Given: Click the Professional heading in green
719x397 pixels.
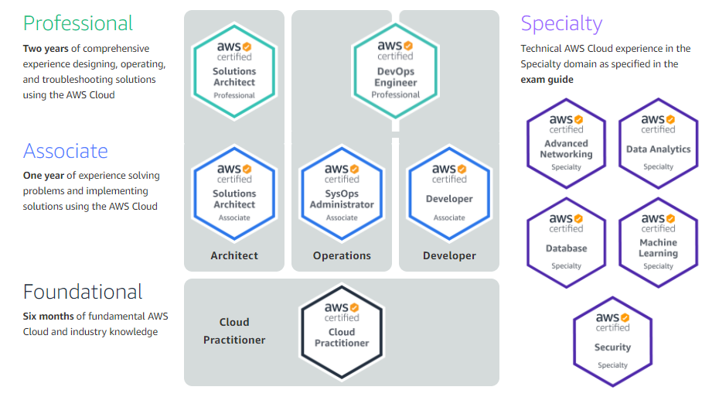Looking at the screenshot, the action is click(78, 23).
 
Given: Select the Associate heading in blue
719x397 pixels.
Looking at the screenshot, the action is click(66, 151).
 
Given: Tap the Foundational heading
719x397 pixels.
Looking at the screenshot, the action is click(83, 292).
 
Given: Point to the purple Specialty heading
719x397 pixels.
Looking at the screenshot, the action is click(561, 23).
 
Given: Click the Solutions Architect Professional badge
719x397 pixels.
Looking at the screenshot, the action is click(234, 70).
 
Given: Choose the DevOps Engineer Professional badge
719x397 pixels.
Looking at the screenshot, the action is click(395, 70).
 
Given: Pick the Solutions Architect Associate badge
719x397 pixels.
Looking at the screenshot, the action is click(234, 193).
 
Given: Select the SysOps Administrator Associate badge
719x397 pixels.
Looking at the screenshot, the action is click(342, 193).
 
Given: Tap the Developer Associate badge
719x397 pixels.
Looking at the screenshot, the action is click(449, 193).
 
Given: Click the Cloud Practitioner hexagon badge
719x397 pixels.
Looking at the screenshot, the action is click(342, 332).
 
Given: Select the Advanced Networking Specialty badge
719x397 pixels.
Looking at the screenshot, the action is click(566, 143).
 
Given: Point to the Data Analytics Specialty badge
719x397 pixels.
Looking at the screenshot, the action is click(658, 143).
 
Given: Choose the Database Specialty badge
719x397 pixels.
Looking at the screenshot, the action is click(566, 243).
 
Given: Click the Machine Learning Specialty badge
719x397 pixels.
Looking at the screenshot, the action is click(658, 243).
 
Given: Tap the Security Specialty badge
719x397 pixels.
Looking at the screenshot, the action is click(612, 342).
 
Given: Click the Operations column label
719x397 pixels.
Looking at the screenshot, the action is click(342, 255).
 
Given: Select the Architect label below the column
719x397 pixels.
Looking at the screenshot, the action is click(234, 255).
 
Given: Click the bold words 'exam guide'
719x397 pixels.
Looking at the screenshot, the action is click(547, 80).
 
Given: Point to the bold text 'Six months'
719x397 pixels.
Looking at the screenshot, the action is click(48, 317).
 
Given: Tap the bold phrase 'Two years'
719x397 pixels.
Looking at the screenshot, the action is click(46, 49).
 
